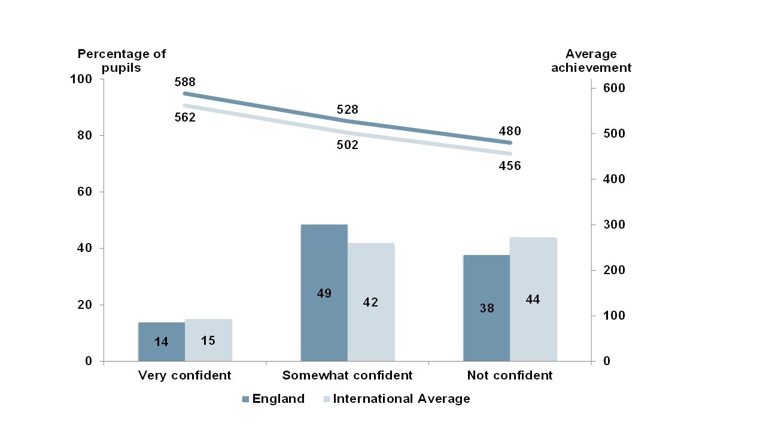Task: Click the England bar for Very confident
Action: [162, 342]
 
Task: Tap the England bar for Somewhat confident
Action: [324, 293]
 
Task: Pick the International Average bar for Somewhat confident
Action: [371, 302]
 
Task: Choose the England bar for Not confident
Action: [487, 308]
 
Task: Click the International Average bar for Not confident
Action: [533, 299]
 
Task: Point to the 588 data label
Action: [185, 82]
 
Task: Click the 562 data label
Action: [185, 118]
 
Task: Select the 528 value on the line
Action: [347, 110]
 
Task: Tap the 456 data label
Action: [510, 166]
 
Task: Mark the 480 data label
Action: [510, 131]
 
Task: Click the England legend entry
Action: [273, 399]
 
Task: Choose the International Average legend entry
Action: [396, 399]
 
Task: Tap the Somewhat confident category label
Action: [347, 376]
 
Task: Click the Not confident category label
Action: [510, 376]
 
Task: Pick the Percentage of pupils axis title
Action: [121, 60]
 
